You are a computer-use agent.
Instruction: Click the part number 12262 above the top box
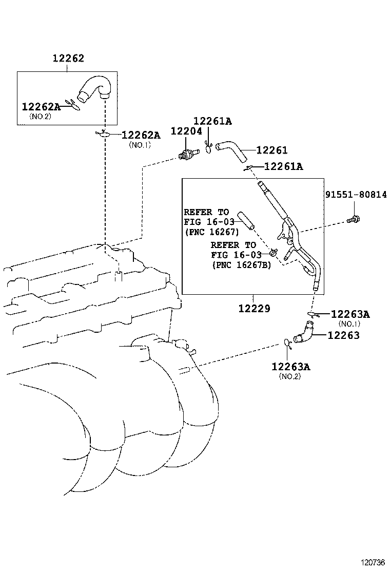[x=68, y=59]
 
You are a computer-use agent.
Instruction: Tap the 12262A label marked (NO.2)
[x=41, y=106]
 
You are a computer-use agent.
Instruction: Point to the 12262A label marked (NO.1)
[x=141, y=135]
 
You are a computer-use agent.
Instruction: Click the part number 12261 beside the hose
[x=271, y=150]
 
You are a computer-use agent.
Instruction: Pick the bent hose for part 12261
[x=231, y=149]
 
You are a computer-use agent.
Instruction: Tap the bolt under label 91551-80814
[x=354, y=219]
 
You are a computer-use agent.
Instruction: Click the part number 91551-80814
[x=356, y=195]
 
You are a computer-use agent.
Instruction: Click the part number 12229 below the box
[x=254, y=309]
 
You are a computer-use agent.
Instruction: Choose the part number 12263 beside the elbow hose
[x=343, y=335]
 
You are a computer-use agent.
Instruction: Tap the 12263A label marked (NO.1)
[x=350, y=314]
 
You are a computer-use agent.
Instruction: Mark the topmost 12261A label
[x=212, y=121]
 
